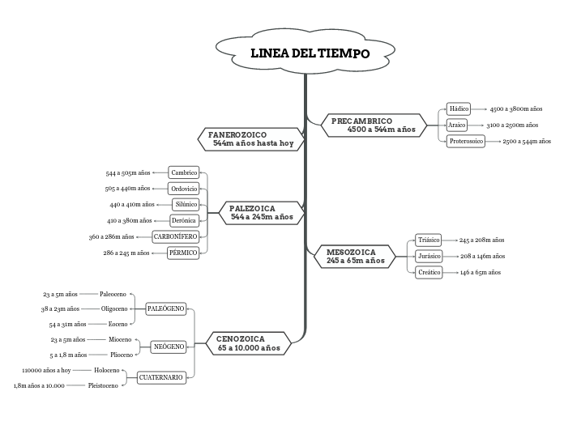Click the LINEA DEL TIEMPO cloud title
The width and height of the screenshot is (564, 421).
click(310, 54)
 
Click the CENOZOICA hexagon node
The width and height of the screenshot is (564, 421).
click(248, 343)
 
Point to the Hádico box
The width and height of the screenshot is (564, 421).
click(459, 108)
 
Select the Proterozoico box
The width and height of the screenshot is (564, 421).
click(466, 141)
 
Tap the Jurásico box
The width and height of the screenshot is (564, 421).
click(429, 256)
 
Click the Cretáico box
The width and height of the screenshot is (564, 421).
click(429, 273)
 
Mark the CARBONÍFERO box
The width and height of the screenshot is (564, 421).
click(176, 236)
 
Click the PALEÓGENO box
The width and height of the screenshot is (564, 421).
click(166, 308)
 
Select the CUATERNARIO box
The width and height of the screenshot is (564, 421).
click(161, 377)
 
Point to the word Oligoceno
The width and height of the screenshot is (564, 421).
click(114, 308)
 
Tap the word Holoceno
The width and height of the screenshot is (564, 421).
click(107, 370)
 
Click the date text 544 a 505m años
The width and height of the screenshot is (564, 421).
click(128, 173)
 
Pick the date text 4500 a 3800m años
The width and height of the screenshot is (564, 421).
click(516, 108)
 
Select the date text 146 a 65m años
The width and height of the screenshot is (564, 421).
click(481, 273)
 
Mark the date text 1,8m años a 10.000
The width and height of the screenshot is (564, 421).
click(39, 385)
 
